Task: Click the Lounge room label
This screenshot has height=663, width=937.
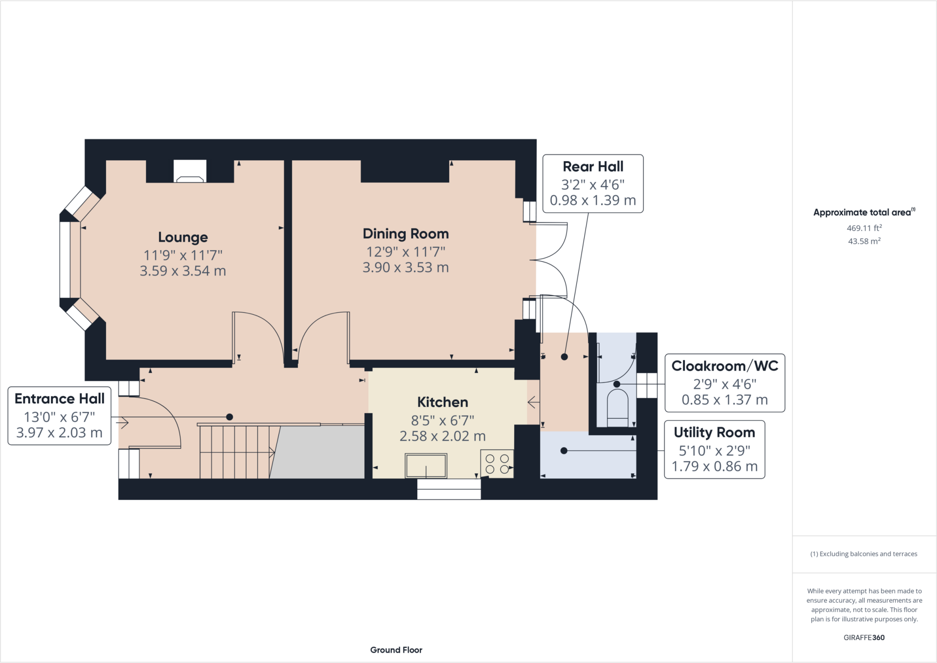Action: coord(183,237)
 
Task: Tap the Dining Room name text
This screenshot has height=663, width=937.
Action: coord(405,234)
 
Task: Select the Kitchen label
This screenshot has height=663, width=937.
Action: coord(442,402)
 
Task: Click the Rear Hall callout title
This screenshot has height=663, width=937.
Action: coord(593,167)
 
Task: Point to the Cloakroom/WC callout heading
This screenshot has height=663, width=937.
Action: coord(724,366)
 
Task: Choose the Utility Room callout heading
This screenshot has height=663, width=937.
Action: coord(714,432)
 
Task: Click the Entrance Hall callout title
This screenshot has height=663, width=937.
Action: coord(59,399)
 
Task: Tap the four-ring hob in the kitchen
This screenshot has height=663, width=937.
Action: coord(497,464)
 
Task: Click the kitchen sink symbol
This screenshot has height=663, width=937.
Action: coord(426,466)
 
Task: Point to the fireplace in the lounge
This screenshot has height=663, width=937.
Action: coord(190,172)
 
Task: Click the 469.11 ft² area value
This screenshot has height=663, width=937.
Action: coord(864,228)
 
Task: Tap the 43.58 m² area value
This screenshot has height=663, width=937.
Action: coord(864,241)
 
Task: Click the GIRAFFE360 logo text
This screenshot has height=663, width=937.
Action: coord(864,637)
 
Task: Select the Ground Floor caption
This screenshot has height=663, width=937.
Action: coord(396,650)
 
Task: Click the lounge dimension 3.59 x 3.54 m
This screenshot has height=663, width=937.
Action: coord(183,271)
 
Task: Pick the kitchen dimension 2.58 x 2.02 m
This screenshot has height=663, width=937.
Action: coord(442,436)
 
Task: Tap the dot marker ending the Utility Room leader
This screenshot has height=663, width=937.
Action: coord(564,451)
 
